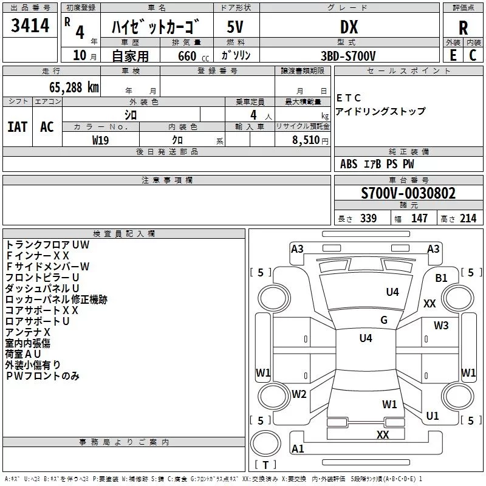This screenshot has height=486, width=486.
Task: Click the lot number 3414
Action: (x=30, y=26)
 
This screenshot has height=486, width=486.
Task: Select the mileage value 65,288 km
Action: (x=74, y=87)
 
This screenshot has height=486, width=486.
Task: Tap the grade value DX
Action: (x=349, y=27)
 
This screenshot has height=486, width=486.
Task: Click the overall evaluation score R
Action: (x=463, y=28)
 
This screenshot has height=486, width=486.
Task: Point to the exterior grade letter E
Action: (x=453, y=55)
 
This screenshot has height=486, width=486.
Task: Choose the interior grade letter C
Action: (x=473, y=55)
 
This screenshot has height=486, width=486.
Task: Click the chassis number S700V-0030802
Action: (x=408, y=193)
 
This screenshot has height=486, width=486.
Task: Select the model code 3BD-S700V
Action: (x=348, y=56)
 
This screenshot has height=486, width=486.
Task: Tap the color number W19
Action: (x=100, y=140)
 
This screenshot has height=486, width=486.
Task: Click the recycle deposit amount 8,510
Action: (x=306, y=140)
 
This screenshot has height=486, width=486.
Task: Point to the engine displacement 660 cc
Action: (x=193, y=56)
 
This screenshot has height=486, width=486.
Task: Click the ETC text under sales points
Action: (x=348, y=98)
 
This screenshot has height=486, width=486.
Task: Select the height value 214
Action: (x=468, y=218)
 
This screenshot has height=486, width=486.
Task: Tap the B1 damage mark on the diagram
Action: (x=441, y=278)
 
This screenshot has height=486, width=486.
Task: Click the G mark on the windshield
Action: (x=384, y=320)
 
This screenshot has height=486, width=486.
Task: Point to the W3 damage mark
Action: (x=441, y=326)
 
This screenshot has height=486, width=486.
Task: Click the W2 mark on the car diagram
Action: (x=299, y=394)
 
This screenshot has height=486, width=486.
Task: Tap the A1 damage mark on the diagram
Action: (x=298, y=448)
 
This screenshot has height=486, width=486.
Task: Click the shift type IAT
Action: (x=17, y=127)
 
